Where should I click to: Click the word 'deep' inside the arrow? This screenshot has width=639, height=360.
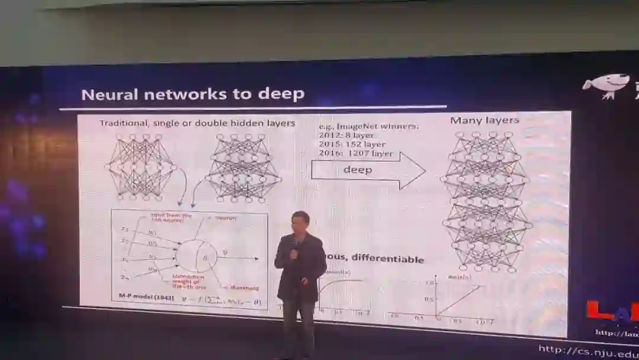click(357, 170)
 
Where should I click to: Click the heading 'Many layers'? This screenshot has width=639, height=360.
click(484, 120)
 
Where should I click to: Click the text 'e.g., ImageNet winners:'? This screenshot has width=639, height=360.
click(361, 126)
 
